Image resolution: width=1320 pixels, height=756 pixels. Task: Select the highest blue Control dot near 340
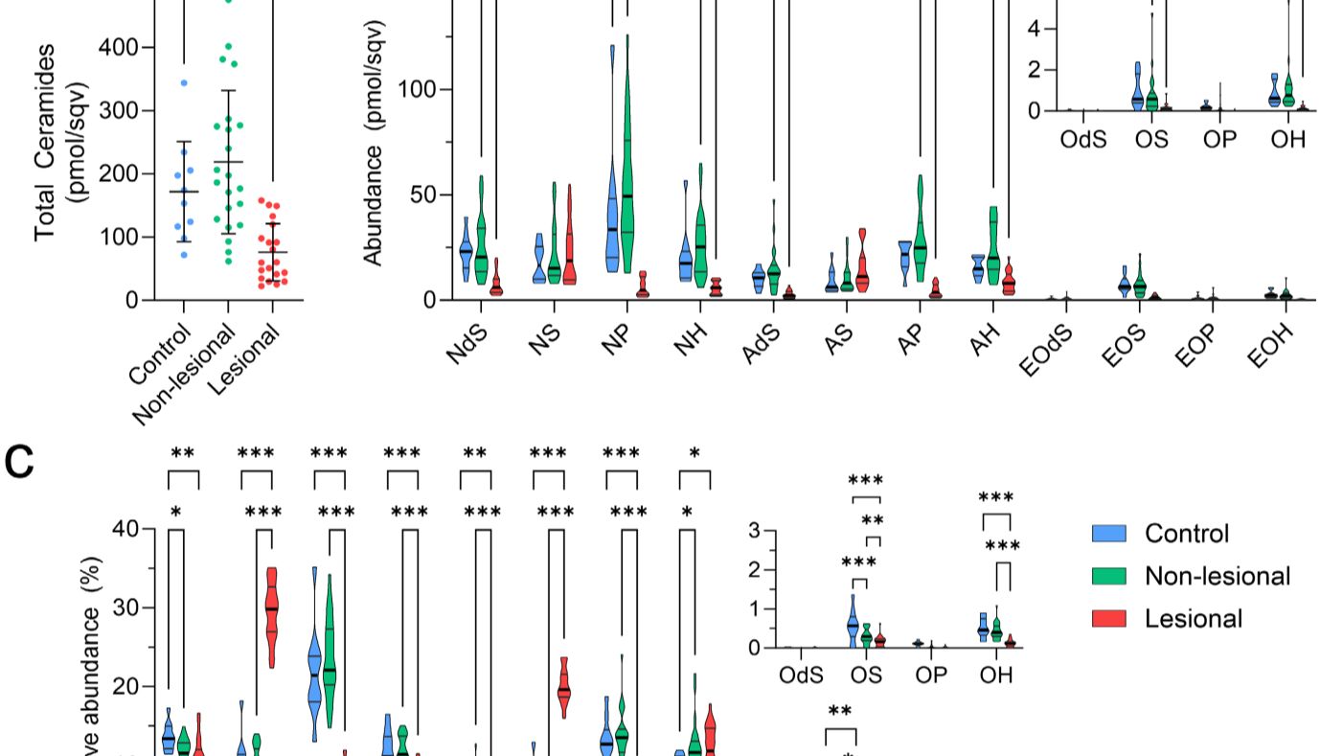coord(184,83)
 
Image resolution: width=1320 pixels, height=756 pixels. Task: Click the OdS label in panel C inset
coord(801,675)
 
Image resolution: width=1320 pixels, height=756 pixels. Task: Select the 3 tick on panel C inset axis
coord(755,530)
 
